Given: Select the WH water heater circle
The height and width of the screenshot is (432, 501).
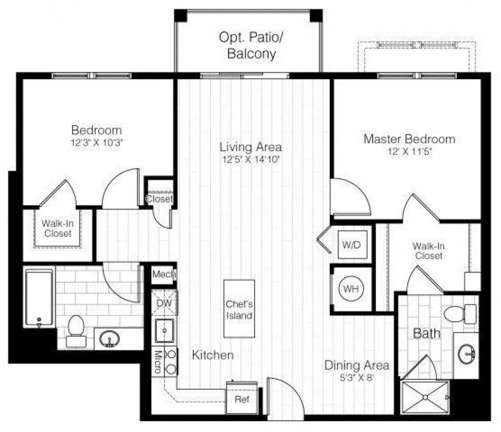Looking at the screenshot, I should point(351,288).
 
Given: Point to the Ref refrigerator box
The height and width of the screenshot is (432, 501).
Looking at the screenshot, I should point(241,399).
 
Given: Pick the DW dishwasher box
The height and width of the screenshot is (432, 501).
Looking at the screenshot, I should point(164,303).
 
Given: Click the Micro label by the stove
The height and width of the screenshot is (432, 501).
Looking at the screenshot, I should point(158,361).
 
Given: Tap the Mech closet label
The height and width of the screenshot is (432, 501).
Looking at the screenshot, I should point(163,274).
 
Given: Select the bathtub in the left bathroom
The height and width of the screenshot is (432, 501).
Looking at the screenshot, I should point(39,298).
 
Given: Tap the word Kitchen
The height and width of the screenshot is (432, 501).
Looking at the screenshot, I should point(213,355).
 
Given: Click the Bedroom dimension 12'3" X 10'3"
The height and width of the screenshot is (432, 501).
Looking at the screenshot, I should point(96,142).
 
